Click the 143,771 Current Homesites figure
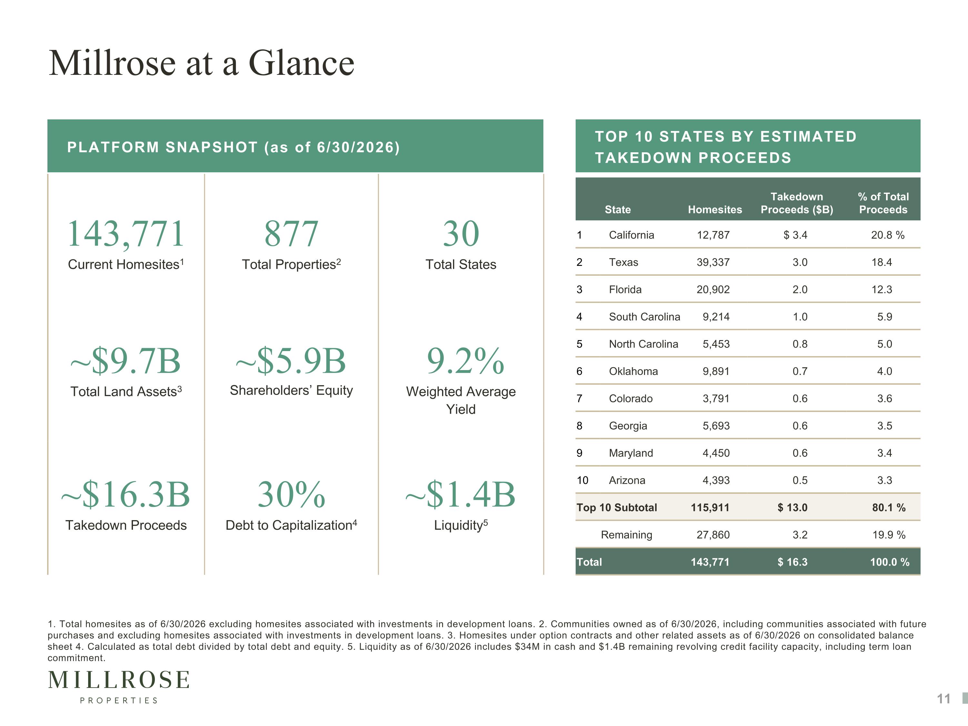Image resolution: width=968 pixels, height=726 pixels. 126,234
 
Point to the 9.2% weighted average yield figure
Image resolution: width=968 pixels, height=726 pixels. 466,361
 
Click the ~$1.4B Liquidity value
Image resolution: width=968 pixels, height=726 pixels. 460,495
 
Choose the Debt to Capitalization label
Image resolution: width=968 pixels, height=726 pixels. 291,525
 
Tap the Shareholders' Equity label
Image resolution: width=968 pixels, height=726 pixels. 291,390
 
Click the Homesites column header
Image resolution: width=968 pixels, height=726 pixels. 715,210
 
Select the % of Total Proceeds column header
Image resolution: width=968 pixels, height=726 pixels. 883,203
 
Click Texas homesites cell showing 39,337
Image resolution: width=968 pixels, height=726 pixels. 713,263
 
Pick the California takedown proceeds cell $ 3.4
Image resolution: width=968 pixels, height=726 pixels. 796,235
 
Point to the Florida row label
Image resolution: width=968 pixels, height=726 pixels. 625,290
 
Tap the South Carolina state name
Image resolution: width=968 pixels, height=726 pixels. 645,317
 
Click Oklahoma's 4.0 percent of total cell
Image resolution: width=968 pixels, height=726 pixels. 884,371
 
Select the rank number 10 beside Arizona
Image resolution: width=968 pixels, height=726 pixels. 582,480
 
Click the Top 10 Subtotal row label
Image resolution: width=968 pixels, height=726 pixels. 617,508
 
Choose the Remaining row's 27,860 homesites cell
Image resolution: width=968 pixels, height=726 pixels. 713,535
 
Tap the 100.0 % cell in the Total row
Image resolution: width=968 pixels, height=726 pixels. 890,562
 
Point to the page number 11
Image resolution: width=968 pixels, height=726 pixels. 944,699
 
